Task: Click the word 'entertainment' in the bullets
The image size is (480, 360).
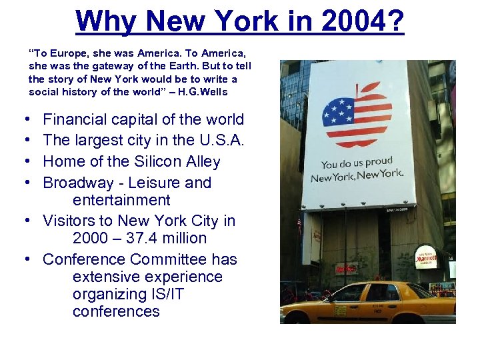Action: pos(121,200)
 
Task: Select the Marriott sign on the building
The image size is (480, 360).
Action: pos(426,257)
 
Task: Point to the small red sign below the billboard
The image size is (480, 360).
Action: pos(345,268)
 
